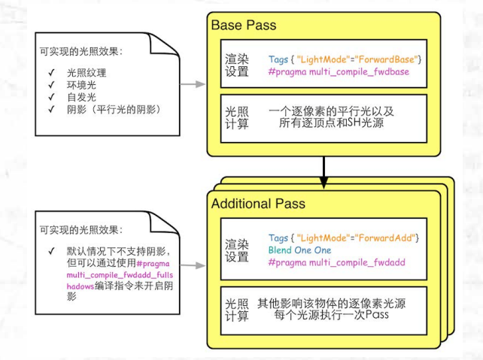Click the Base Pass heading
pos(243,26)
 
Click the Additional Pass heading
pos(258,204)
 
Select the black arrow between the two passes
pos(324,169)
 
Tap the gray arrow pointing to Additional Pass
pos(193,265)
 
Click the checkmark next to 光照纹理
pos(50,73)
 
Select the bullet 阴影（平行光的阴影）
pos(113,110)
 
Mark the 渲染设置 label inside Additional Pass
pos(235,251)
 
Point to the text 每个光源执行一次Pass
pos(332,316)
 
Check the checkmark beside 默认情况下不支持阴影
pos(50,251)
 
